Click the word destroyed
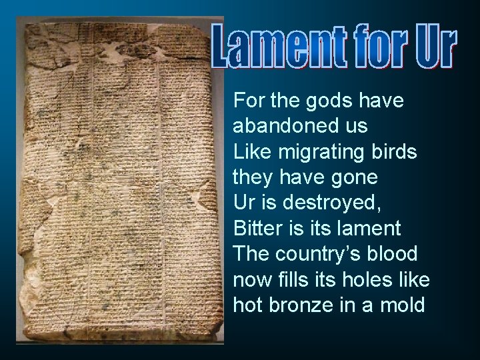pos(323,203)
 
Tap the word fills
pos(299,279)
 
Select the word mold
pos(404,305)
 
